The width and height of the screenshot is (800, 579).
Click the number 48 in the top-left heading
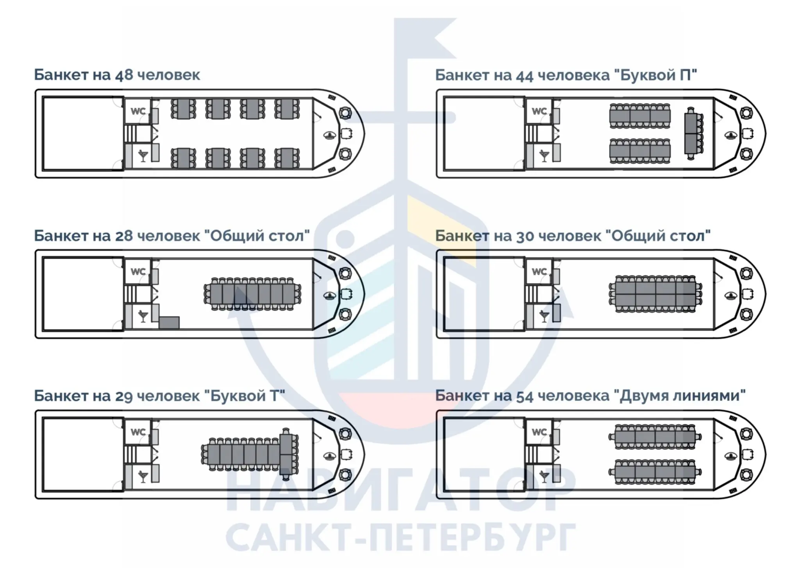(x=124, y=75)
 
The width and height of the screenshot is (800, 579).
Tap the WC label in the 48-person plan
(x=138, y=111)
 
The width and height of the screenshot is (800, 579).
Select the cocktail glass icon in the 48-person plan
(x=143, y=155)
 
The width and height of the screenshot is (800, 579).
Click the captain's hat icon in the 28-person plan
(x=330, y=295)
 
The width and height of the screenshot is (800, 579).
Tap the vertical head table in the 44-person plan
(x=691, y=133)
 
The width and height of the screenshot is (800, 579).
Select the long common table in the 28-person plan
(x=252, y=294)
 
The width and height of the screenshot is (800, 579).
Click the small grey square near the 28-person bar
(x=169, y=322)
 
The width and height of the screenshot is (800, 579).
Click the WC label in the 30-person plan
(x=539, y=272)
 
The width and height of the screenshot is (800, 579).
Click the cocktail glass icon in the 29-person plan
(x=143, y=476)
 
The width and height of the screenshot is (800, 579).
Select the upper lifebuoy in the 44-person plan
(x=746, y=113)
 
